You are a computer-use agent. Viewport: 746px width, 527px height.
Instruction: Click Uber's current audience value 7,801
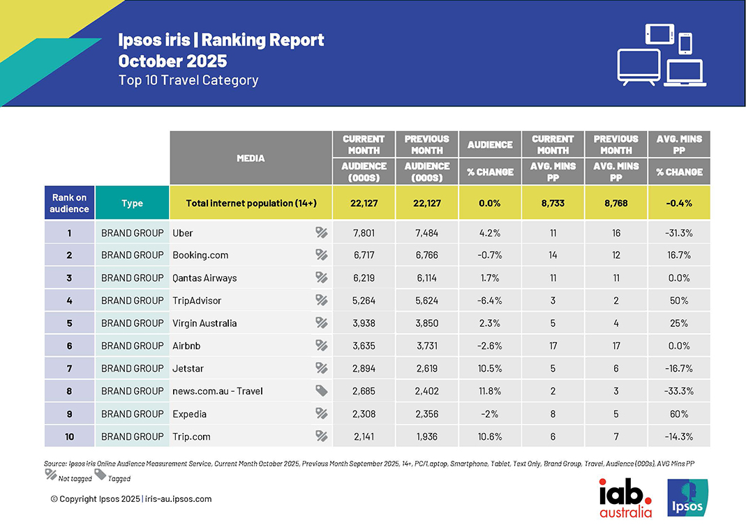[x=364, y=233]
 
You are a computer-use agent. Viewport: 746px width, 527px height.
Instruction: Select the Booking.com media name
[x=200, y=255]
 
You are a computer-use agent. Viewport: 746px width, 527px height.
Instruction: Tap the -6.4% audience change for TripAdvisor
[x=490, y=300]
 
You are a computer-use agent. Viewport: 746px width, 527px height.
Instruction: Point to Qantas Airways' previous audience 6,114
[x=426, y=277]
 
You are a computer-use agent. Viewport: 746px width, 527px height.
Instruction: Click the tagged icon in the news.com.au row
[x=321, y=391]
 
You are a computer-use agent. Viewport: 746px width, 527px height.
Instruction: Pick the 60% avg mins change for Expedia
[x=679, y=413]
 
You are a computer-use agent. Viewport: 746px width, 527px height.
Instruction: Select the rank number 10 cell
[x=69, y=436]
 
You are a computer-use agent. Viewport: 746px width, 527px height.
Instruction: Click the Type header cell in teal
[x=132, y=203]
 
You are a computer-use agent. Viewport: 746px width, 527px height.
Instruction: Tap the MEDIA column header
[x=251, y=158]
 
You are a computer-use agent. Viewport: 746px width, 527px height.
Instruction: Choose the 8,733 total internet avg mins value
[x=553, y=203]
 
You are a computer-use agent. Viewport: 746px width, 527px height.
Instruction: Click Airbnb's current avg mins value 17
[x=553, y=346]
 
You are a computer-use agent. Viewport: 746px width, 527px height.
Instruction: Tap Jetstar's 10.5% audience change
[x=490, y=368]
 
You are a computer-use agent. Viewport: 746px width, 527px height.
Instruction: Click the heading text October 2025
[x=172, y=61]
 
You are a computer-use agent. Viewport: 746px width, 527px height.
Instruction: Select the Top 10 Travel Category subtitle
[x=188, y=80]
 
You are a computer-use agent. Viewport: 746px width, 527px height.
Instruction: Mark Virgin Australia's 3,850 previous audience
[x=426, y=323]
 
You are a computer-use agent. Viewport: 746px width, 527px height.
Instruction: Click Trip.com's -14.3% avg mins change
[x=679, y=436]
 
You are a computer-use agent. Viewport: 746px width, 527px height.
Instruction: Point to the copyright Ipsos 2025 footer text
[x=131, y=499]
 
